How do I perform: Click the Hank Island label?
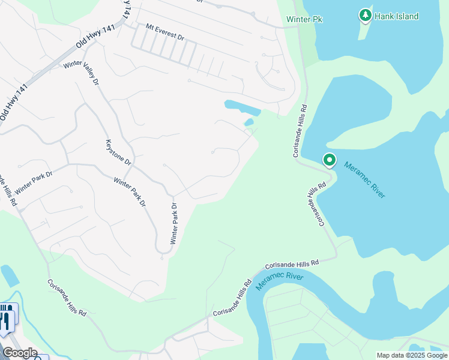coord(396,16)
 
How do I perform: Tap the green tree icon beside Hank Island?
coord(364,14)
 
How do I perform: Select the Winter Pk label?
coord(304,20)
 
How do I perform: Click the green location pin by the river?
coord(329,160)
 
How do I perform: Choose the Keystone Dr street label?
coord(118,152)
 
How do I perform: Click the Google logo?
coord(20,352)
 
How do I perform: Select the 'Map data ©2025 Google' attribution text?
coord(411,355)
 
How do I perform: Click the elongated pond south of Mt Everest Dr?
coord(242,108)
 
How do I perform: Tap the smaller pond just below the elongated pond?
coord(249,123)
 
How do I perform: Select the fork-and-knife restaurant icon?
coord(7,316)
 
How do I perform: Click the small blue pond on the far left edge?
coord(9,275)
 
